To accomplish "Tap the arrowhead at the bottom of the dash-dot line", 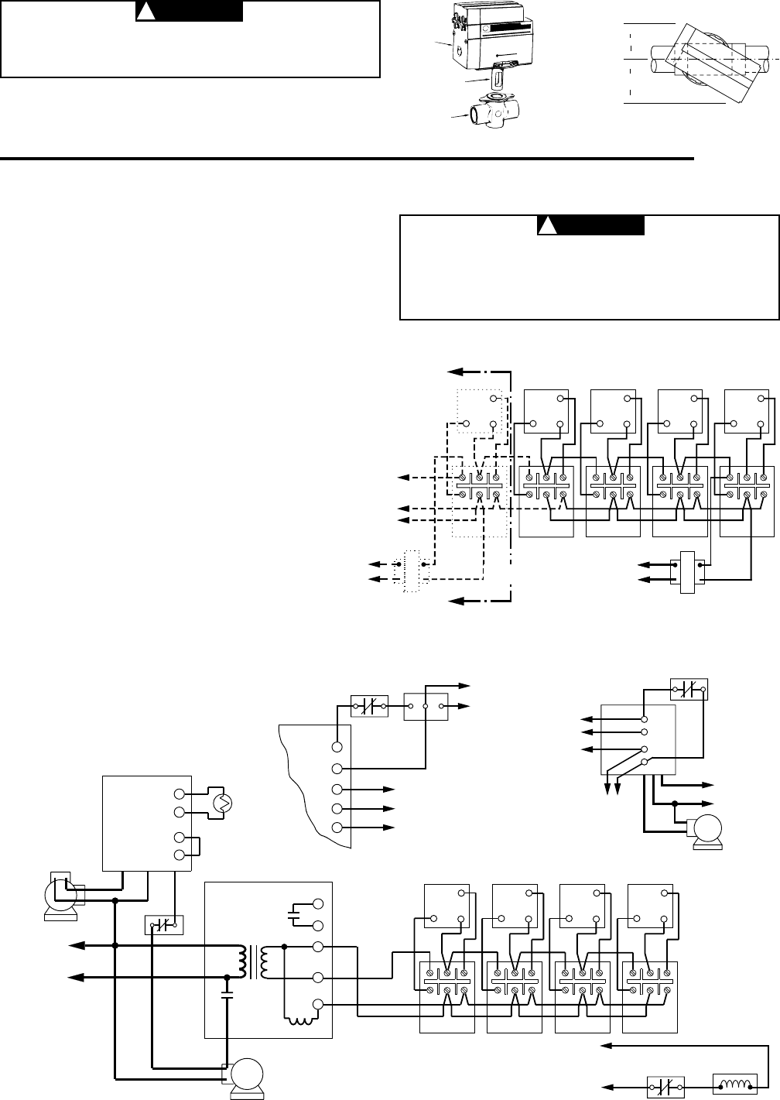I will [453, 600].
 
